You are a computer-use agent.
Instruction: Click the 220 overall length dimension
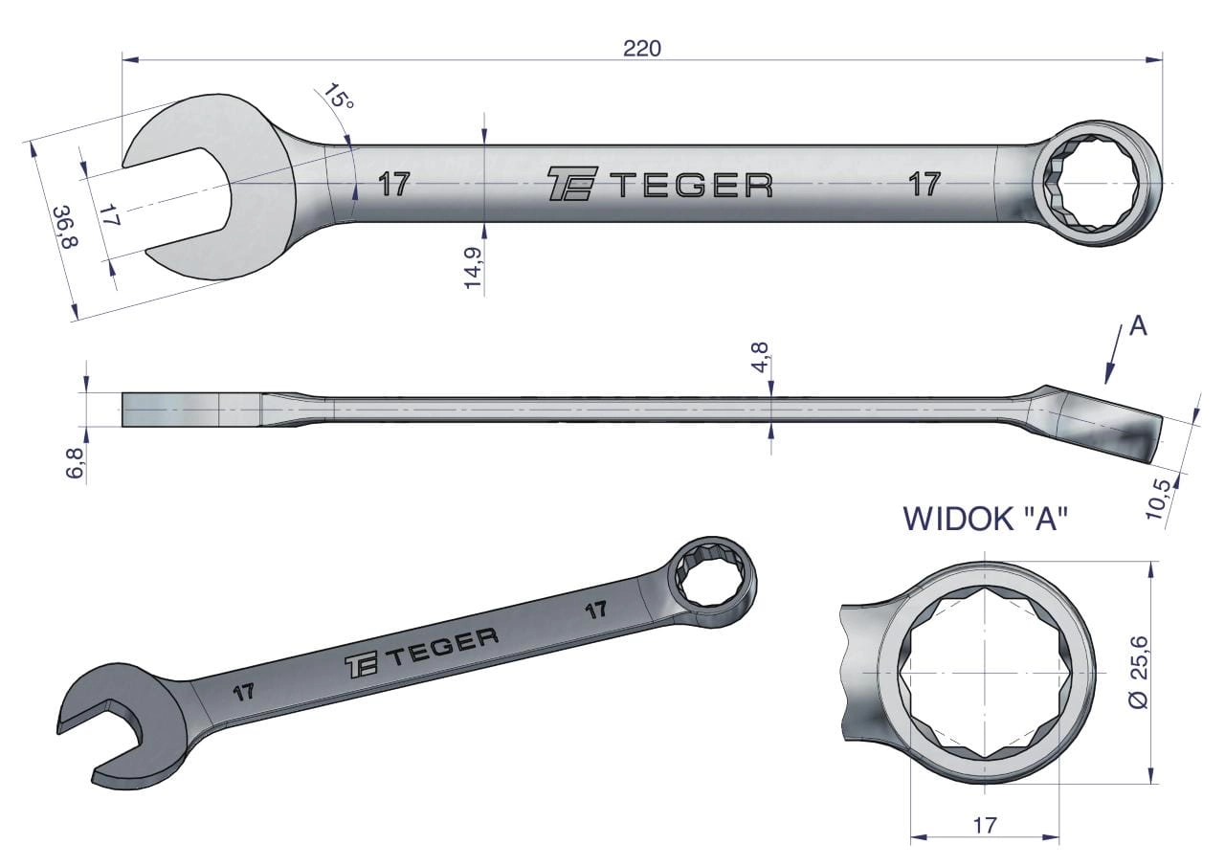642,49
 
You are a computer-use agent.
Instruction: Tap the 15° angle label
338,98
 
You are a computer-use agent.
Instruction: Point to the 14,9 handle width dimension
472,267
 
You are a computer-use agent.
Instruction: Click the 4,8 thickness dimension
760,357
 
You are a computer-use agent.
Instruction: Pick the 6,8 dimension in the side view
76,463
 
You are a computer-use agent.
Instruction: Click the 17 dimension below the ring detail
985,825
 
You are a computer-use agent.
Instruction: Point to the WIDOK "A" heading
986,519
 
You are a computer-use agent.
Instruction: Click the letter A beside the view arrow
1138,326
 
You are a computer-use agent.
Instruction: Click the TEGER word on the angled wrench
444,646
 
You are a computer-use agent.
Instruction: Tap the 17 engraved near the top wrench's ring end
924,184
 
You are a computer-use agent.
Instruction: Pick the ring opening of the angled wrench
711,581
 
